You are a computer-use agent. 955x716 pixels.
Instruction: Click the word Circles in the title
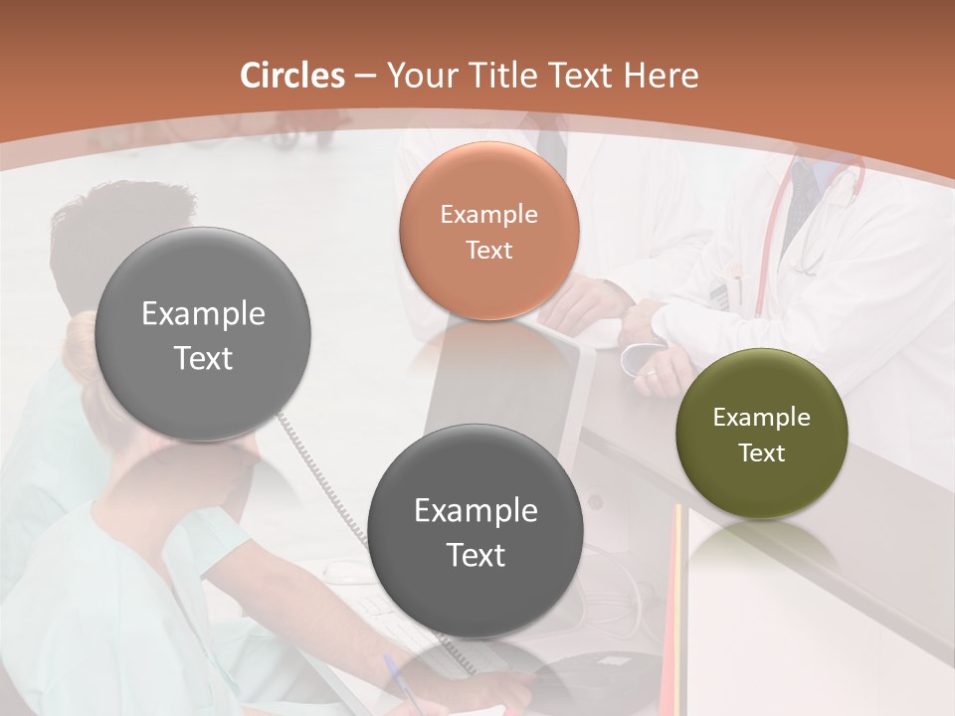coord(292,76)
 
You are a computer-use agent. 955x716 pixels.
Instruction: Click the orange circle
coord(488,231)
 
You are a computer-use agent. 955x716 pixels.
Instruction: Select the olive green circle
coord(761,434)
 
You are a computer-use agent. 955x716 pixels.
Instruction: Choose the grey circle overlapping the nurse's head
coord(203,334)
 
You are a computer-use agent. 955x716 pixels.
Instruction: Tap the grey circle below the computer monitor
coord(476,531)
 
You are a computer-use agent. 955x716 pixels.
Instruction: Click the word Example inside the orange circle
coord(488,214)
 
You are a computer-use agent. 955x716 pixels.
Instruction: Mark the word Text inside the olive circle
coord(762,452)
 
